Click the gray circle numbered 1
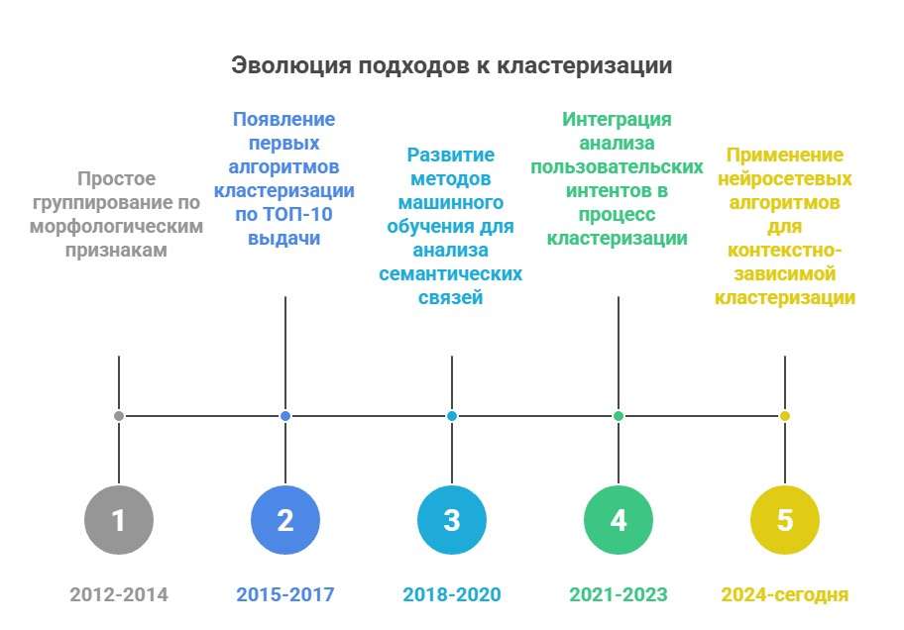[x=119, y=520]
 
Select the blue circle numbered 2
[x=285, y=520]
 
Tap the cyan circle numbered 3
[x=452, y=520]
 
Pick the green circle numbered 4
[x=619, y=520]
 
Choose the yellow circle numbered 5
[x=785, y=520]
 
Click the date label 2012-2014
[x=119, y=594]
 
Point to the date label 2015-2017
[x=285, y=594]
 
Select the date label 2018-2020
[x=452, y=594]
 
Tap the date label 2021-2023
[x=619, y=594]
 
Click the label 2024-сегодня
[x=785, y=595]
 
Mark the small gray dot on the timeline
[x=119, y=416]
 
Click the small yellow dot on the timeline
[x=785, y=416]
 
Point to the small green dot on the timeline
[x=619, y=416]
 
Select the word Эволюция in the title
[x=291, y=65]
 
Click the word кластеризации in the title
[x=585, y=65]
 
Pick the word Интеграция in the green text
[x=617, y=120]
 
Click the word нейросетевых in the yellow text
[x=785, y=179]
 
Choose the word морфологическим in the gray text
[x=116, y=227]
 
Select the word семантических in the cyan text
[x=451, y=273]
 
